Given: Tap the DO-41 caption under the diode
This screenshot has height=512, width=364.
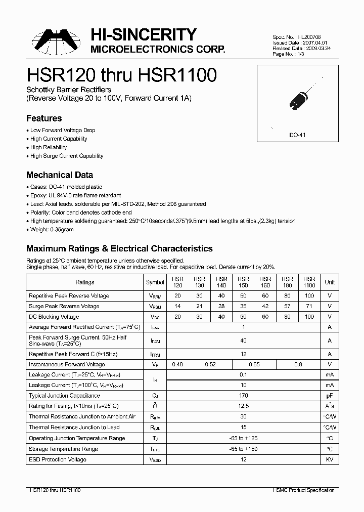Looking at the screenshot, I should (297, 136).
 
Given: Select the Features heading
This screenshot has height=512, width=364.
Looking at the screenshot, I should (44, 118).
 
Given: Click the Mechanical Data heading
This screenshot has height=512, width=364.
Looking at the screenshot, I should (59, 175).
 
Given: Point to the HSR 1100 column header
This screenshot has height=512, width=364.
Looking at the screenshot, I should (309, 282).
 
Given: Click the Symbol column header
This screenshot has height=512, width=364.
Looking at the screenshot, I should (155, 282).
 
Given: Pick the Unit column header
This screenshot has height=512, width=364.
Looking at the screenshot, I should (330, 282).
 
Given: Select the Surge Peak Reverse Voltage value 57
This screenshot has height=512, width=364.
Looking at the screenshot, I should (287, 306).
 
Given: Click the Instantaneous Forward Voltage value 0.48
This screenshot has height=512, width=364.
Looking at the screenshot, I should (177, 364).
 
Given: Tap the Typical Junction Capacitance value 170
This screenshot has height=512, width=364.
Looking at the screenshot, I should (243, 396).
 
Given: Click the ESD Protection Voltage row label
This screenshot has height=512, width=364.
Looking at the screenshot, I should (58, 459).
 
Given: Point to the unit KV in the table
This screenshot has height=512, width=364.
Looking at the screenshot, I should (330, 459).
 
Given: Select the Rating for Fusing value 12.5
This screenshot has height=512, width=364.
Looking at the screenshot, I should (243, 406).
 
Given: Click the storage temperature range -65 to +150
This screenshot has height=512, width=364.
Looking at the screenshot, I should (243, 449).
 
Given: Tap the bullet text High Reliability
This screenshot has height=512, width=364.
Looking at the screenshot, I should (49, 147).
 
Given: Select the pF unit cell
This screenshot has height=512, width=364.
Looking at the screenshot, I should (330, 396).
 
